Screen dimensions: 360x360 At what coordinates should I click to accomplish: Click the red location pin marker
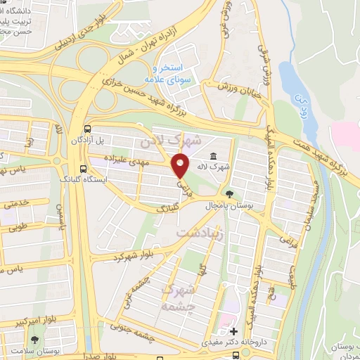(181, 165)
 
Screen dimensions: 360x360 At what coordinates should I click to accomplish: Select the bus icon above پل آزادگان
(86, 129)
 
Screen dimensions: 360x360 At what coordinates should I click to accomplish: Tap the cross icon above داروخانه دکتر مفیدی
(234, 330)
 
